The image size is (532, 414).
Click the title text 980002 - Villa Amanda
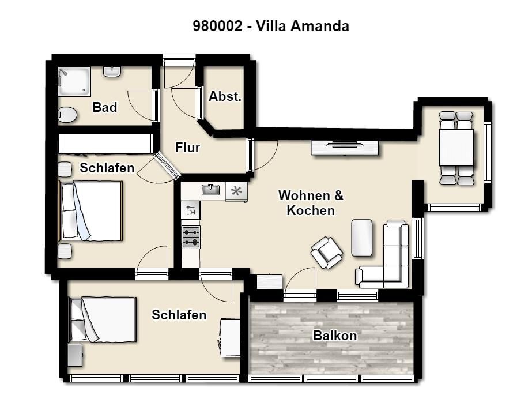(x=271, y=26)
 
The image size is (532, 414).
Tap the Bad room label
(x=105, y=107)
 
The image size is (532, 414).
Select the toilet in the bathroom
(x=67, y=115)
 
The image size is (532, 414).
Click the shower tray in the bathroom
(x=75, y=81)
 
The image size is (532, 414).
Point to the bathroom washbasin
(x=112, y=71)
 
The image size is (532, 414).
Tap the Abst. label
(x=225, y=96)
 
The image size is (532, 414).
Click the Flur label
(x=187, y=148)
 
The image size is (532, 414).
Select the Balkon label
(x=335, y=336)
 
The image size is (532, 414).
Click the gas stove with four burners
(x=191, y=237)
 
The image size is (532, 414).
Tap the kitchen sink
(x=211, y=190)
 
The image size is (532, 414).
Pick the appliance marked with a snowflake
(x=236, y=192)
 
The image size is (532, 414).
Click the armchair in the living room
(x=326, y=253)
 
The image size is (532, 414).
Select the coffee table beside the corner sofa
(x=362, y=238)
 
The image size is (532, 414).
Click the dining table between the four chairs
(x=456, y=147)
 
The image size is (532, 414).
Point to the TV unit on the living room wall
(x=345, y=148)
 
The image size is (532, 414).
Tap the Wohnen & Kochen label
(x=311, y=203)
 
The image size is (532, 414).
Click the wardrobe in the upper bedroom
(x=105, y=143)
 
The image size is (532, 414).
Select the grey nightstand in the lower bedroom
(x=75, y=355)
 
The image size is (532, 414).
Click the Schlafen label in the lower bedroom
(x=179, y=315)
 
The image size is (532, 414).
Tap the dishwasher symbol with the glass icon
(x=191, y=210)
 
